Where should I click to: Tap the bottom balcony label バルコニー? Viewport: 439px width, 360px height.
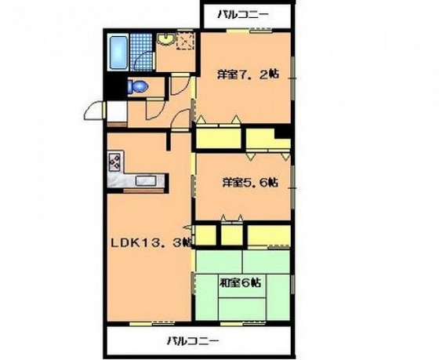pyautogui.click(x=192, y=341)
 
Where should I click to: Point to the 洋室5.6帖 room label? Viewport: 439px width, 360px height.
pyautogui.click(x=249, y=183)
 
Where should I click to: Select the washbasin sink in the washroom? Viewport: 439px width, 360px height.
pyautogui.click(x=166, y=38)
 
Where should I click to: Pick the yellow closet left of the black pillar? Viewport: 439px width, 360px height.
pyautogui.click(x=259, y=139)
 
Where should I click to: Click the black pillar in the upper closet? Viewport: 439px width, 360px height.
pyautogui.click(x=283, y=143)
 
